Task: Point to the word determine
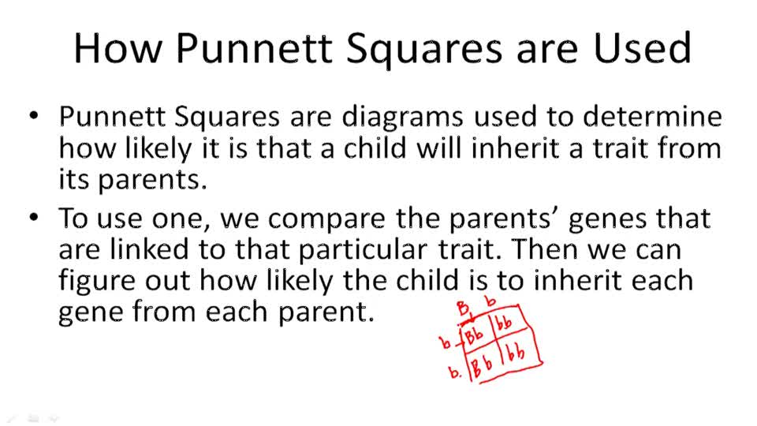pos(652,117)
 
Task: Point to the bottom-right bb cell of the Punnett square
pos(517,353)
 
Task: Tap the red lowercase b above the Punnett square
pos(490,301)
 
